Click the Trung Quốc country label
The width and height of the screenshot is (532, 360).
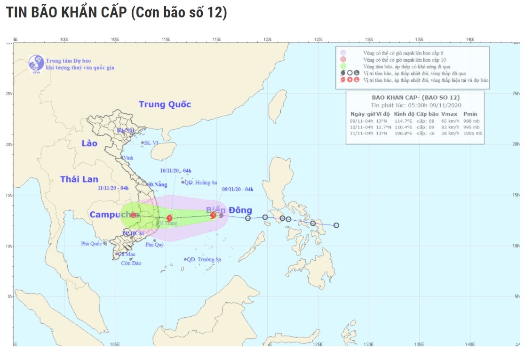(165, 104)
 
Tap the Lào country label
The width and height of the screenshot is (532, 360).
(89, 143)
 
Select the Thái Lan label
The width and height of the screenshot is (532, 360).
(79, 179)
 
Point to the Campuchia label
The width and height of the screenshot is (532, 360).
(111, 215)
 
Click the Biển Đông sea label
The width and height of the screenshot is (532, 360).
(229, 210)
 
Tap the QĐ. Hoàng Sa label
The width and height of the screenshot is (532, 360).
(201, 182)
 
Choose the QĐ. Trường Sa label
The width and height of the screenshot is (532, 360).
(204, 259)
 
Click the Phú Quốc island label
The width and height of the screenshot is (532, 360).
(91, 244)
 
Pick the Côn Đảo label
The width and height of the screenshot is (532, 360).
(131, 263)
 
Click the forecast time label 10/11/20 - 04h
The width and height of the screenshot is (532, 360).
(175, 171)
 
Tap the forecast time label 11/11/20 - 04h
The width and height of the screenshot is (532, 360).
(113, 188)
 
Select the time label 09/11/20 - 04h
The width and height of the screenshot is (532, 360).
(238, 190)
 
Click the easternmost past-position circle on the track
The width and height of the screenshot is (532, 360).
(336, 225)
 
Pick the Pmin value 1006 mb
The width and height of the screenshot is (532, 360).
(473, 133)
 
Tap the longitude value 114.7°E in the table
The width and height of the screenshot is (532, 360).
(403, 121)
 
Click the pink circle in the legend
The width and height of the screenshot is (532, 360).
(344, 59)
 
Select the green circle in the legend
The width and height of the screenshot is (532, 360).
(344, 66)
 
